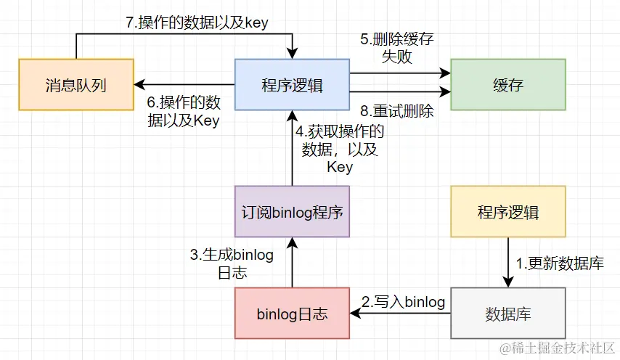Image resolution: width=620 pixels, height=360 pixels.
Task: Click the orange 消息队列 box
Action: coord(76,85)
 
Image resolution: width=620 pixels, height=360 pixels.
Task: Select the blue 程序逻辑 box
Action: coord(292,85)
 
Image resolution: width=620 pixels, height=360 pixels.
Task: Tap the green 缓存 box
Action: coord(507,85)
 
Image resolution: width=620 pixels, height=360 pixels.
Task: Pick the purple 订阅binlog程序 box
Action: coord(292,211)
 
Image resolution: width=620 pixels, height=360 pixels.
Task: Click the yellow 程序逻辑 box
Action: coord(507,211)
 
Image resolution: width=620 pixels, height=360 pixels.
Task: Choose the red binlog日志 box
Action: coord(292,314)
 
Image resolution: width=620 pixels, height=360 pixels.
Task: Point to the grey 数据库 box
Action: coord(507,314)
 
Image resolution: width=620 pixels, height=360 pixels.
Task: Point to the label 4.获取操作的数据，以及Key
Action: coord(338,149)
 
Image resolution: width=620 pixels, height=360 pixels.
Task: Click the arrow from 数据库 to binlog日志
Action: coord(399,314)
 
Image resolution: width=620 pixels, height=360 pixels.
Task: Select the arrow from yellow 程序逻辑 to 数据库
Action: coord(507,262)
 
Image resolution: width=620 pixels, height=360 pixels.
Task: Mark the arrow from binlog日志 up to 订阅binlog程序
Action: coord(292,262)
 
